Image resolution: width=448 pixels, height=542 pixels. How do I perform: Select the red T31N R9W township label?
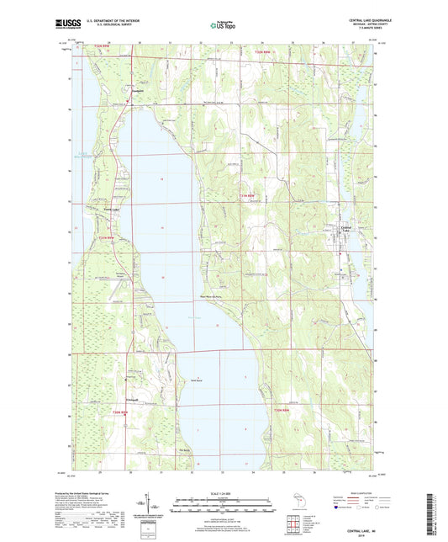pyautogui.click(x=106, y=239)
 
